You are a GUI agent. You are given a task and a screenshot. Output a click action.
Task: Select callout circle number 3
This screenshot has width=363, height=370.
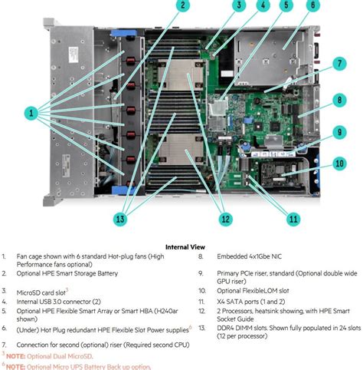(240, 6)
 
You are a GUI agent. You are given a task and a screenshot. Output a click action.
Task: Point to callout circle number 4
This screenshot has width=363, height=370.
(263, 6)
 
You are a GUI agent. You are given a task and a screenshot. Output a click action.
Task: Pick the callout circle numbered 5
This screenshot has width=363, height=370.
(286, 6)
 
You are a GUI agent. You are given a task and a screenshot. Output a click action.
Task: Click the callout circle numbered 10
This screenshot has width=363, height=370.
(338, 164)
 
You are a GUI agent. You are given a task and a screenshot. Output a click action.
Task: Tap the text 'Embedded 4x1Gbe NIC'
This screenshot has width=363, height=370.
(246, 258)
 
